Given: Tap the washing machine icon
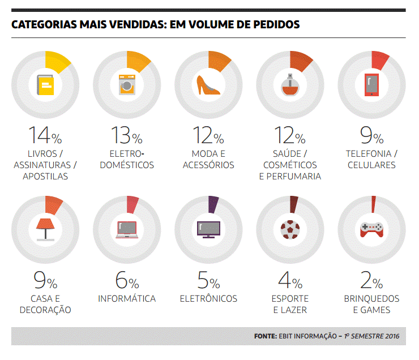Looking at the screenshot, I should point(127,85).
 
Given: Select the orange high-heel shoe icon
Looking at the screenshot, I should point(208,85).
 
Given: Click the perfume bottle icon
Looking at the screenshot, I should point(289,84).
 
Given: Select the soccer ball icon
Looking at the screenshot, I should point(289,228).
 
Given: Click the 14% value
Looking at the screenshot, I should point(45,135).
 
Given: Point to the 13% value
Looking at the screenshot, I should point(126,135).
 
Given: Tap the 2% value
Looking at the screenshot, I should point(371,280).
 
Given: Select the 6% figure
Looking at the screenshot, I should point(126,280).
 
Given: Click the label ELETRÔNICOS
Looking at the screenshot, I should point(208,299).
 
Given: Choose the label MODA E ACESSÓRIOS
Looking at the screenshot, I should point(208,159).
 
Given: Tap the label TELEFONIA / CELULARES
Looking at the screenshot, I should point(371,159).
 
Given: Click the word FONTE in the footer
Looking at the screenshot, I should point(265,336).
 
